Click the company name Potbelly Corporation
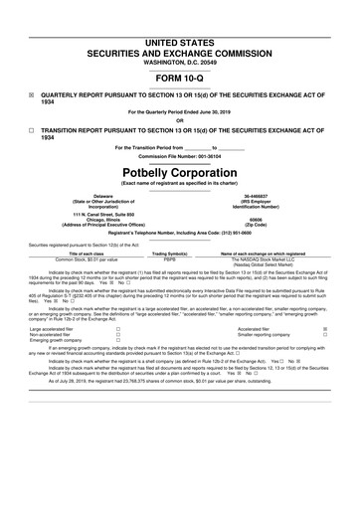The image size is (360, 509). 180,170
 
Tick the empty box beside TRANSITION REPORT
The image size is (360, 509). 31,131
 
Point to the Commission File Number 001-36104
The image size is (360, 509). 180,156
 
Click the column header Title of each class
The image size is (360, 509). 77,255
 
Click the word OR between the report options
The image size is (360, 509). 180,120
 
